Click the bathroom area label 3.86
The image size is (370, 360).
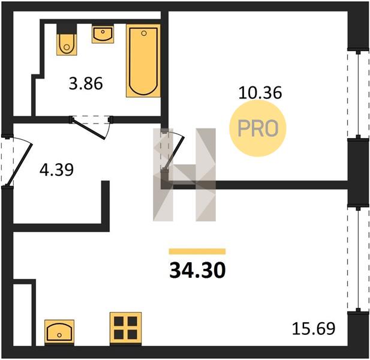pyautogui.click(x=86, y=83)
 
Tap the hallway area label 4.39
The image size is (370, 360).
pyautogui.click(x=56, y=170)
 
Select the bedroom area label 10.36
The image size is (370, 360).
pyautogui.click(x=260, y=92)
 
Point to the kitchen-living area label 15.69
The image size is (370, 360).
pyautogui.click(x=314, y=329)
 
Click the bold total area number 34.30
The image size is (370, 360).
pyautogui.click(x=197, y=270)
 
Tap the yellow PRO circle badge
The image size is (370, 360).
pyautogui.click(x=258, y=128)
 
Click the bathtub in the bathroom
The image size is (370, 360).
pyautogui.click(x=143, y=61)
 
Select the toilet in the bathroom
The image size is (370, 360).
pyautogui.click(x=67, y=44)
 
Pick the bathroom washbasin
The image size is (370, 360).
pyautogui.click(x=103, y=34)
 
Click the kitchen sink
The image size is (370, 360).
pyautogui.click(x=59, y=333)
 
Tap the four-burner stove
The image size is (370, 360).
pyautogui.click(x=125, y=329)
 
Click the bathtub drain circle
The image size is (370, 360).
pyautogui.click(x=144, y=33)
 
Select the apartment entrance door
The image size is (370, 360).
pyautogui.click(x=18, y=162)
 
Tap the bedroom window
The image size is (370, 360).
pyautogui.click(x=358, y=94)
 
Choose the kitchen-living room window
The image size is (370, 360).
pyautogui.click(x=358, y=260)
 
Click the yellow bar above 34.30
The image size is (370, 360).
pyautogui.click(x=197, y=251)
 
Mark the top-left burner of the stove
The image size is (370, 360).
pyautogui.click(x=119, y=321)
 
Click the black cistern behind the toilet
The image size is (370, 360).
pyautogui.click(x=67, y=29)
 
